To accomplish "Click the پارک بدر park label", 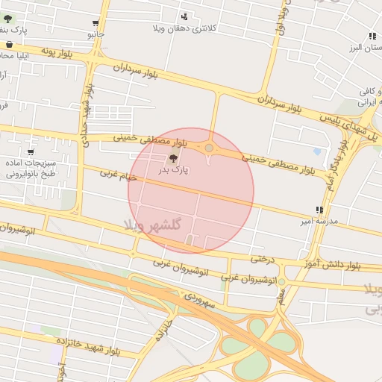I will pos(173,169).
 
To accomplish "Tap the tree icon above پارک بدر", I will pos(174,157).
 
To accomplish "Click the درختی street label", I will pos(263,259).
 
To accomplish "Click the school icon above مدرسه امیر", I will pos(319,210).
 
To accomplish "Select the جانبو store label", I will pos(95,34).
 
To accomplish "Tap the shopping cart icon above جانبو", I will pos(95,23).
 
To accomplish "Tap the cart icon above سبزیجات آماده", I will pos(30,152).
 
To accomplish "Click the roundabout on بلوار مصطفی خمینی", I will pos(209,148).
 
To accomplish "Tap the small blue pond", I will pos(318,151).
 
